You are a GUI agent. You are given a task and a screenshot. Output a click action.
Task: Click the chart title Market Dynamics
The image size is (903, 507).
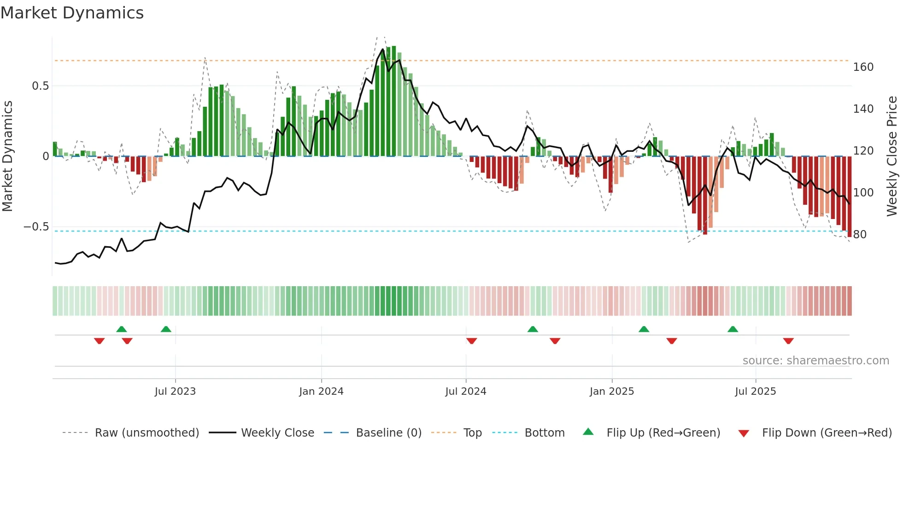pos(72,13)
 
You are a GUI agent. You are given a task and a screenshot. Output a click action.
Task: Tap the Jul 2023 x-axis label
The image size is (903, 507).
pos(175,392)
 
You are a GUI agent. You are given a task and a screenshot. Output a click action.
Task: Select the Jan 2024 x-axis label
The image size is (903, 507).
pos(321,392)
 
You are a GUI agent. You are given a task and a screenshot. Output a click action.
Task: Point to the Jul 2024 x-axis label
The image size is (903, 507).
pos(466,392)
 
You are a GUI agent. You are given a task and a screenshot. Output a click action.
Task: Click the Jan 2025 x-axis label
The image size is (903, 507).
pos(612,392)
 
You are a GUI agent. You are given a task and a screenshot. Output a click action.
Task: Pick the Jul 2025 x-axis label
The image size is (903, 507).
pos(756,392)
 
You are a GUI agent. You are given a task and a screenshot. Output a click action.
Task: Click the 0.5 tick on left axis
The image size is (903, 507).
pos(40,86)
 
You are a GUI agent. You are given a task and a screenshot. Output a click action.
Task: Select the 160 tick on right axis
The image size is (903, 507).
pos(863,67)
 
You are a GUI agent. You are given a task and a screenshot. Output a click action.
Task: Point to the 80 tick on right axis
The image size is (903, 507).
pos(860,235)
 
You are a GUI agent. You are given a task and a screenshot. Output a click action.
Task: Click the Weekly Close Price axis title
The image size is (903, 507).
pos(892,156)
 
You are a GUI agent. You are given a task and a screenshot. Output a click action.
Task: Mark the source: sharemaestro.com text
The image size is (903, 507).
pos(815,361)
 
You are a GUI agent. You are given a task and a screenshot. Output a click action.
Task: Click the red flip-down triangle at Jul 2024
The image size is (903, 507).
pos(471,341)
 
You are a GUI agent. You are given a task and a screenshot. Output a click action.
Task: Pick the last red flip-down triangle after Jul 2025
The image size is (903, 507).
pos(788,341)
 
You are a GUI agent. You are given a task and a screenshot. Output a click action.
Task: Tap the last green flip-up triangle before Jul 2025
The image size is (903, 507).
pos(733,329)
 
